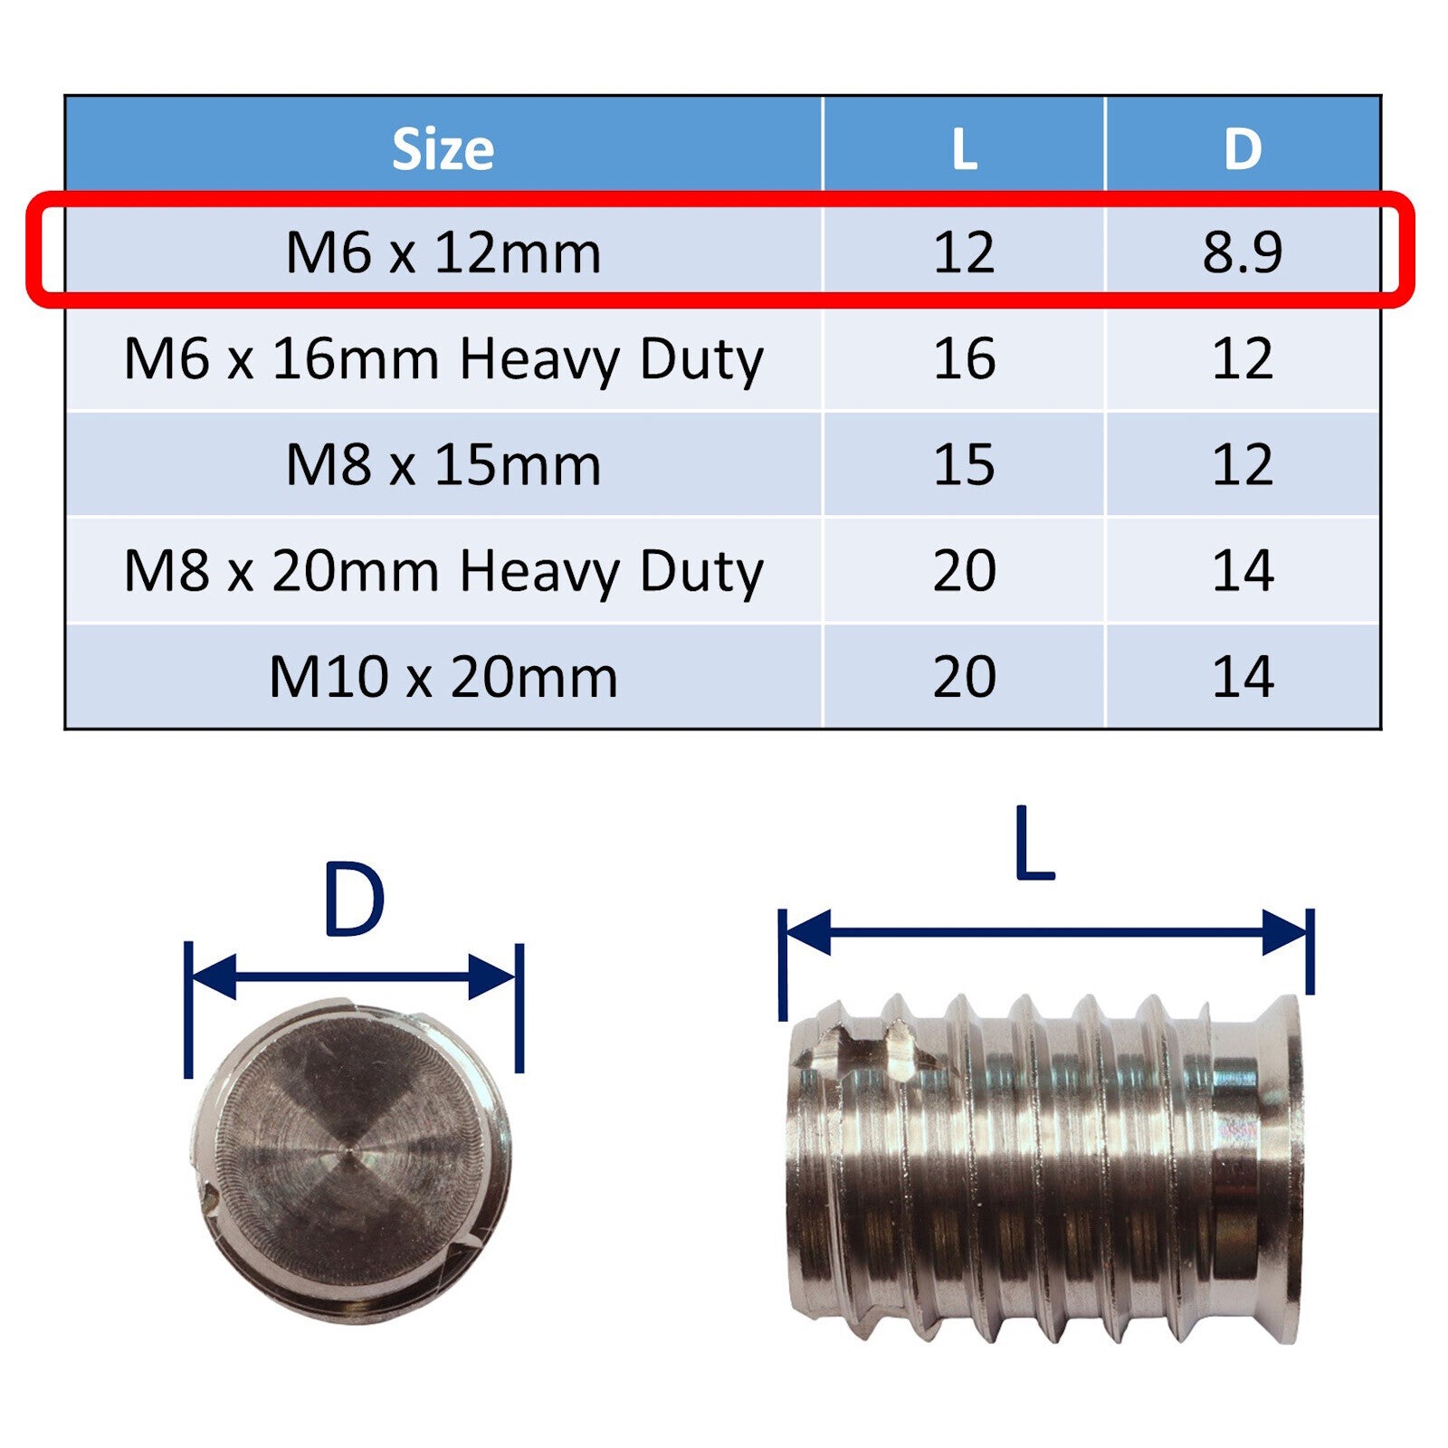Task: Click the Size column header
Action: coord(443,149)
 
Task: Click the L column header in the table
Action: coord(964,149)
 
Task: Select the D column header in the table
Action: coord(1243,149)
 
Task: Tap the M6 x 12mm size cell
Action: coord(443,252)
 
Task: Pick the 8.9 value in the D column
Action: coord(1243,252)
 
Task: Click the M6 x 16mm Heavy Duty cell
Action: coord(443,359)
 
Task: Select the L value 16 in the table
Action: coord(964,359)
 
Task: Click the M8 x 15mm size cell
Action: coord(443,465)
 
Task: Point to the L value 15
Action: coord(964,465)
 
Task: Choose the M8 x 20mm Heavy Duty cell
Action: coord(443,571)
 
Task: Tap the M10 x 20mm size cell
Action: coord(443,677)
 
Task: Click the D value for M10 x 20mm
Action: coord(1243,677)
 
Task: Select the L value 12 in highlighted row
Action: coord(964,252)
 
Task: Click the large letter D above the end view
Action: coord(353,901)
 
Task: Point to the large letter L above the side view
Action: coord(1034,843)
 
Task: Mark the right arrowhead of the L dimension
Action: coord(1285,932)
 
